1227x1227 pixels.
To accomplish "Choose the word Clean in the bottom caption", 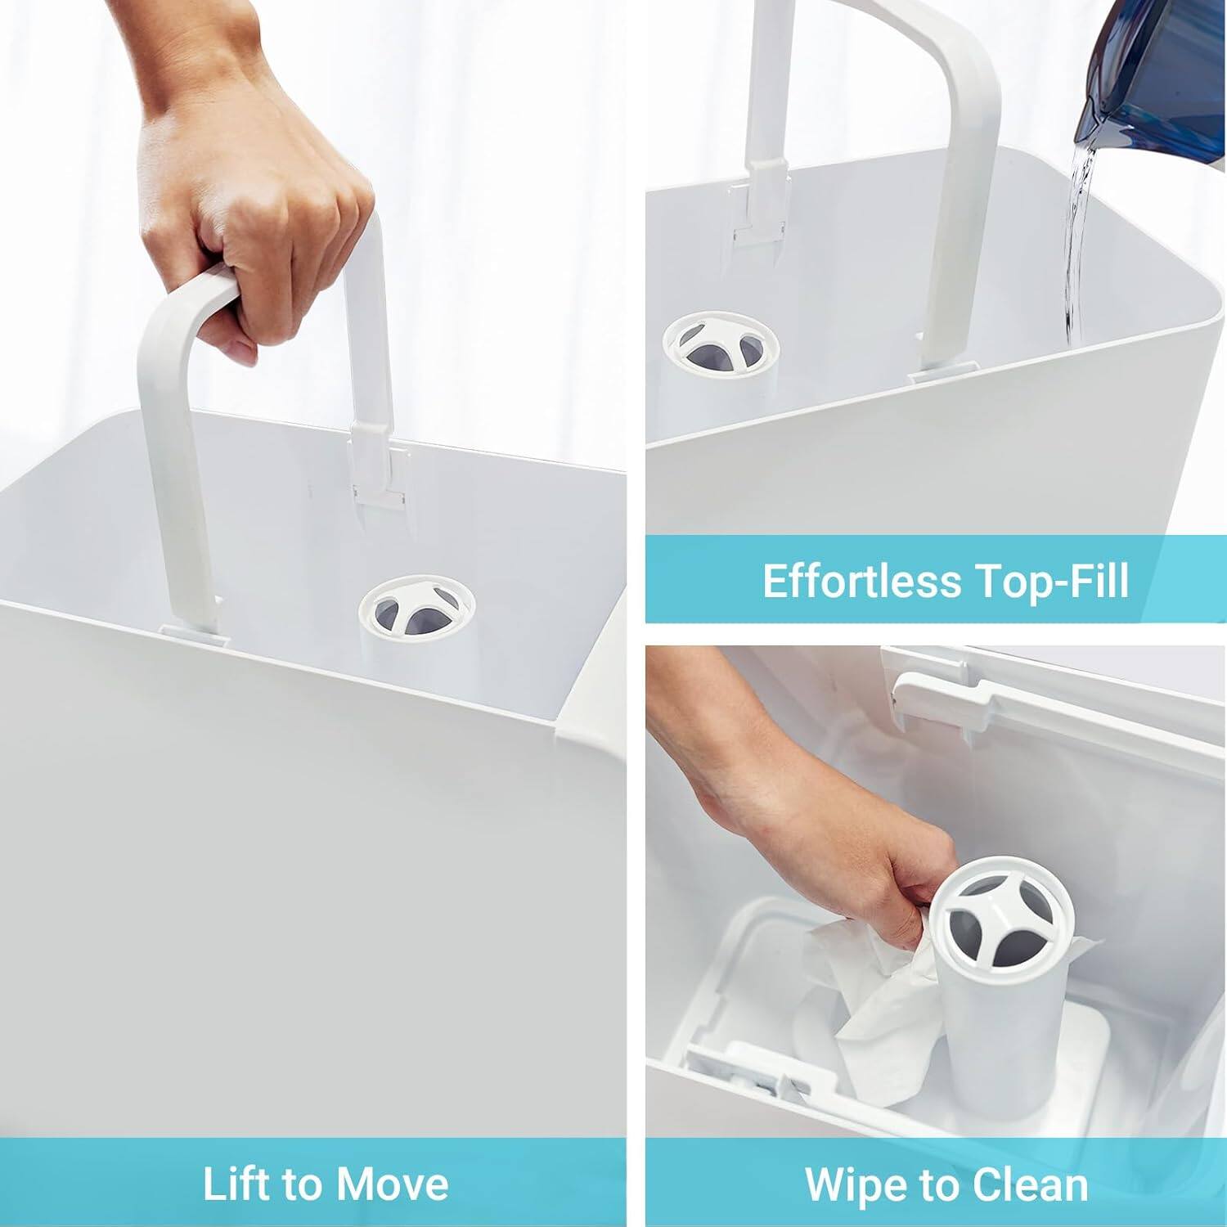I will (1030, 1184).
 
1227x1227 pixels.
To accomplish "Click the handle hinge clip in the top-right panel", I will (760, 204).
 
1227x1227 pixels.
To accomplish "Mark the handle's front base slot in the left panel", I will (194, 630).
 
